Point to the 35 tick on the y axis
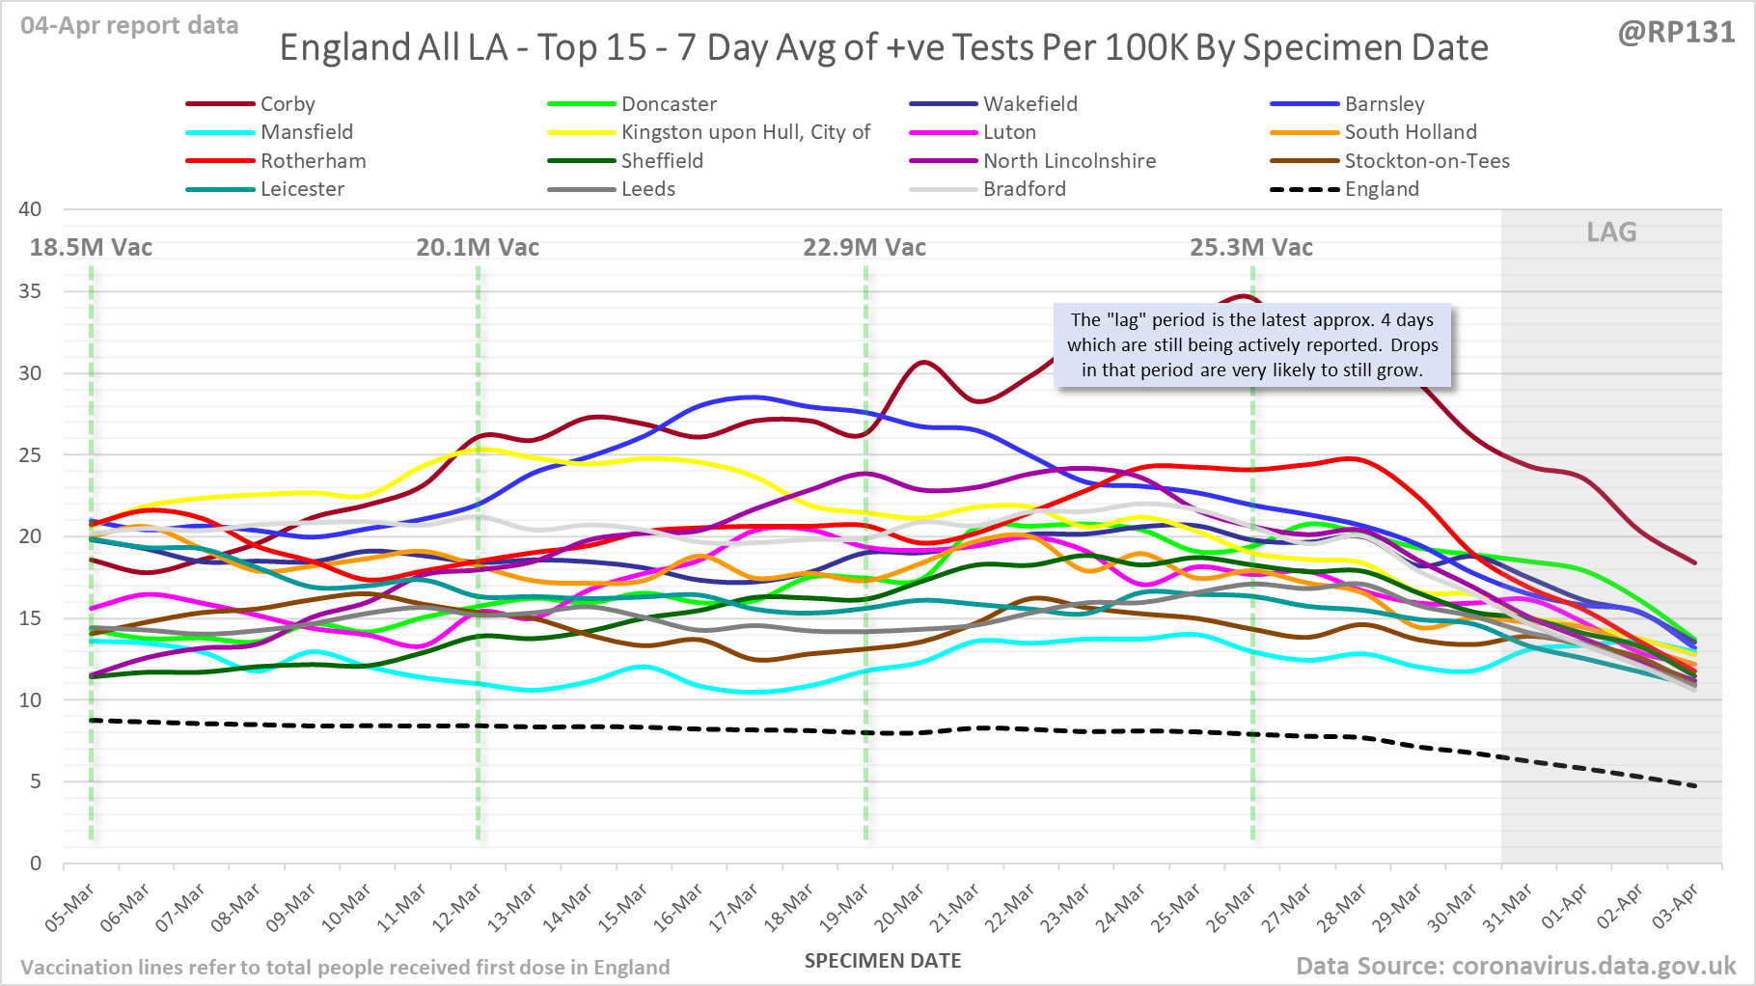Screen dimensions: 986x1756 pyautogui.click(x=30, y=291)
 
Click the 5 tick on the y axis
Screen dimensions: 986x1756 pyautogui.click(x=36, y=781)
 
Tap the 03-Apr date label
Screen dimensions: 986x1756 pyautogui.click(x=1675, y=908)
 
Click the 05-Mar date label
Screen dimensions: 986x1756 pyautogui.click(x=69, y=908)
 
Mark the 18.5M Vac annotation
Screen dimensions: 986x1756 pyautogui.click(x=91, y=248)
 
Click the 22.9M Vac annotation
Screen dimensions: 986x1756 pyautogui.click(x=864, y=248)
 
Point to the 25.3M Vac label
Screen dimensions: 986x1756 pyautogui.click(x=1251, y=248)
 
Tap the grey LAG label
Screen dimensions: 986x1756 pyautogui.click(x=1611, y=233)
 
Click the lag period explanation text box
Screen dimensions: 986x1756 pyautogui.click(x=1251, y=345)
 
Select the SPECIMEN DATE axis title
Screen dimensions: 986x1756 pyautogui.click(x=883, y=961)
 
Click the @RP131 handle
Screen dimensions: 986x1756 pyautogui.click(x=1676, y=33)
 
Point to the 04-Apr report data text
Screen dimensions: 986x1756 pyautogui.click(x=129, y=26)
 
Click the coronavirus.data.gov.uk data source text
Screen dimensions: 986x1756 pyautogui.click(x=1515, y=966)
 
